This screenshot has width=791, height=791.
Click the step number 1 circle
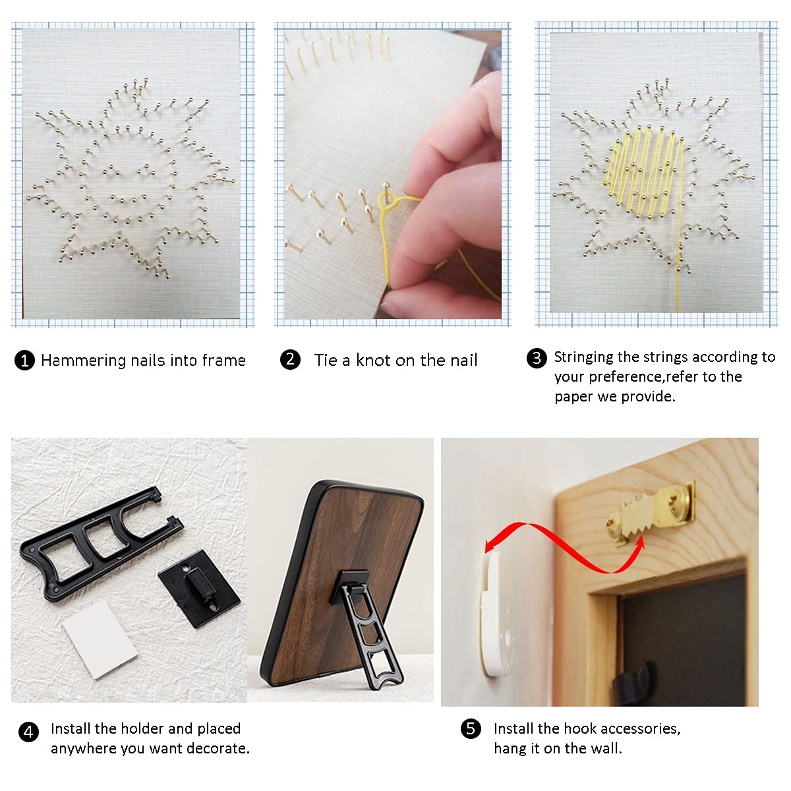pos(24,361)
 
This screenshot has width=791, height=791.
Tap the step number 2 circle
pos(290,359)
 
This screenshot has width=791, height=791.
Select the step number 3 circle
pos(537,358)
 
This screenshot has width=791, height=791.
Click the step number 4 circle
pos(28,732)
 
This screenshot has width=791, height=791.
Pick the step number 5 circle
pos(471,728)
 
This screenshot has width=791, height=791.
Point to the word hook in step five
pos(580,728)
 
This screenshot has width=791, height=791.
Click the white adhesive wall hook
pos(498,613)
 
